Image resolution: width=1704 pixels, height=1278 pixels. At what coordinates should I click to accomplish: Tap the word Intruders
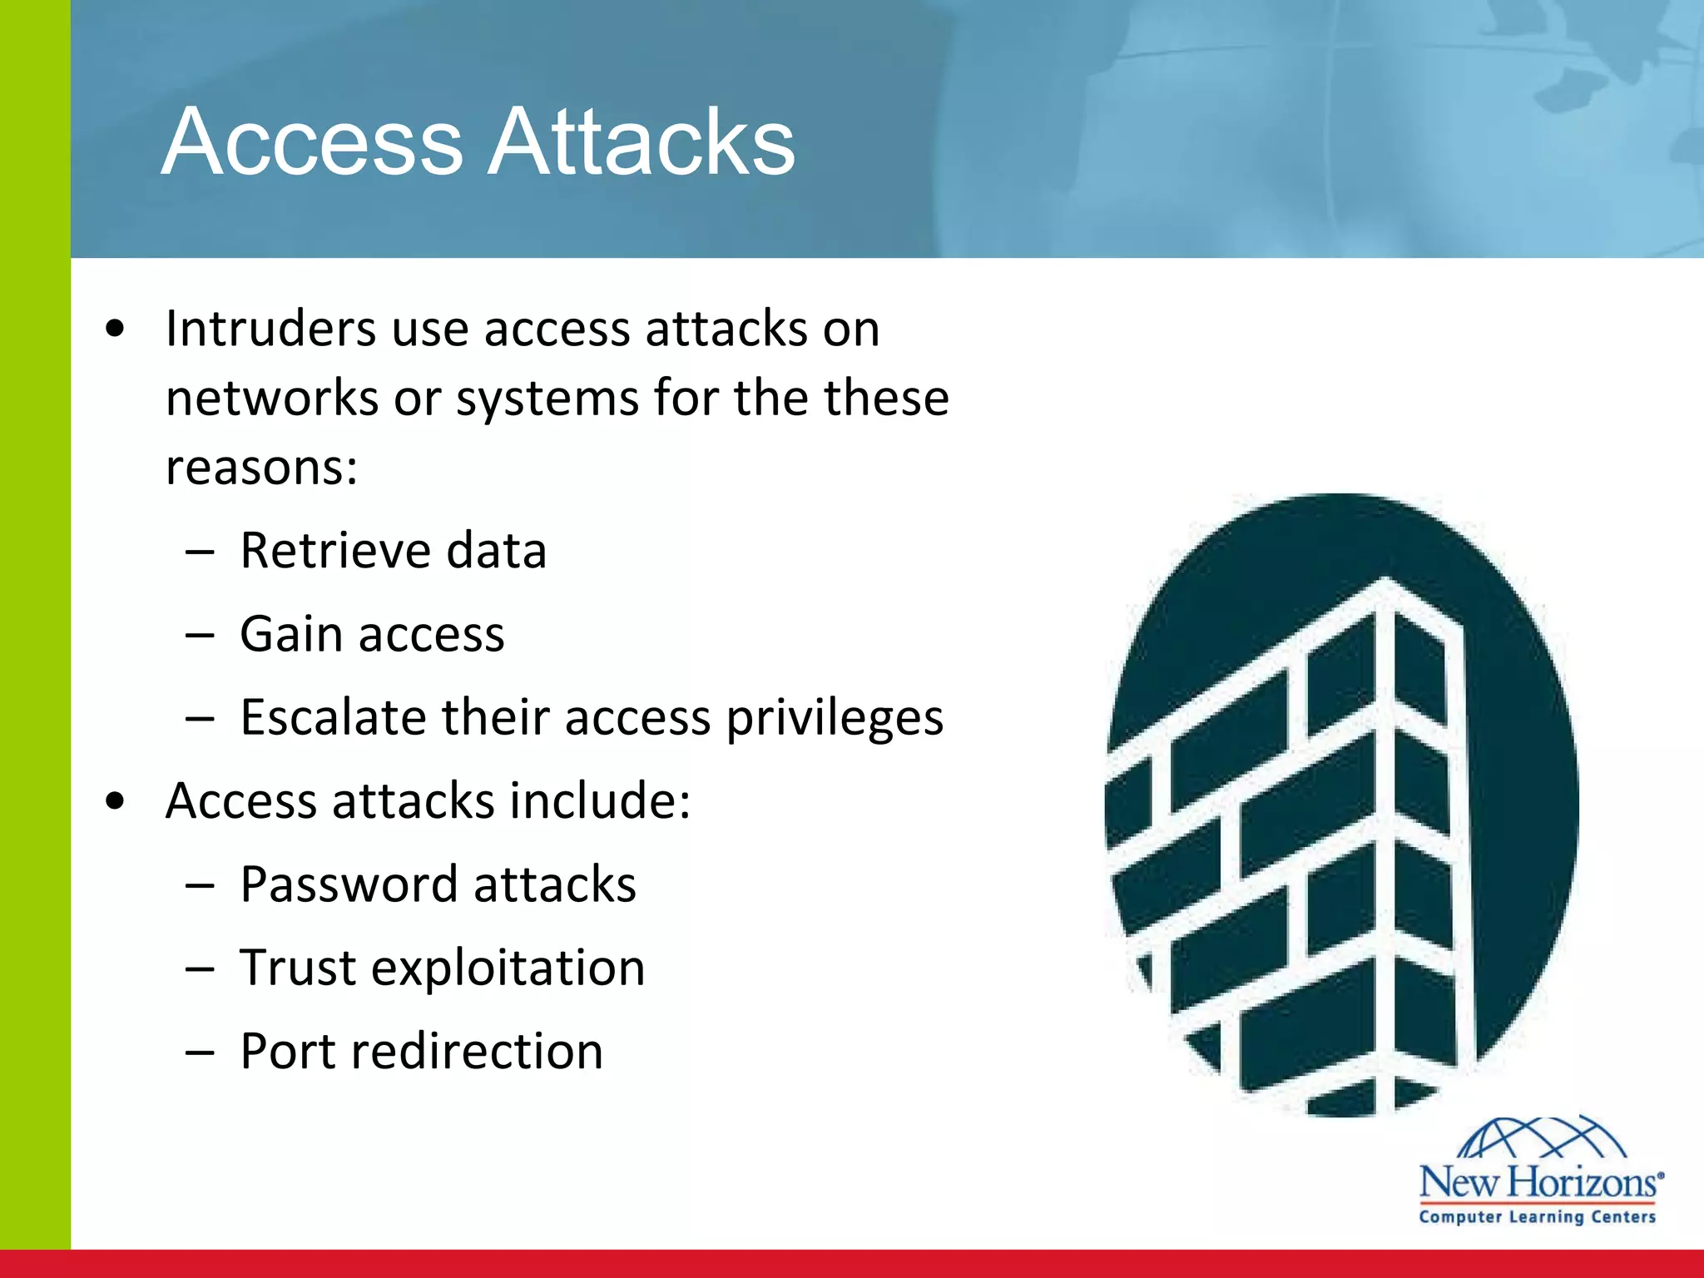point(270,329)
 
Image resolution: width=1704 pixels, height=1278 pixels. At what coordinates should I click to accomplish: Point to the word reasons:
point(261,467)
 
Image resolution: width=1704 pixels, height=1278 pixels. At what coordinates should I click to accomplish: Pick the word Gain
point(291,634)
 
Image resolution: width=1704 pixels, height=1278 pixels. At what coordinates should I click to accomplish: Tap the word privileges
point(835,719)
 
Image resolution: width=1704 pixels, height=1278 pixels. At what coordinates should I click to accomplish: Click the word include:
point(600,800)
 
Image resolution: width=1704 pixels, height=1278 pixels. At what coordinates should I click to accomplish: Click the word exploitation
point(508,968)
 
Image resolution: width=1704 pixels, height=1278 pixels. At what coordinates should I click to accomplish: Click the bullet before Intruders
point(116,329)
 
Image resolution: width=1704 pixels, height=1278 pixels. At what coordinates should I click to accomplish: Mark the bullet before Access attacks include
point(116,801)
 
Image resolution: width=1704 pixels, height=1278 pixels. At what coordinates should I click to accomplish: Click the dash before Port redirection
point(201,1053)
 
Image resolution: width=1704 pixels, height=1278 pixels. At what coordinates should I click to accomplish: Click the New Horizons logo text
point(1540,1182)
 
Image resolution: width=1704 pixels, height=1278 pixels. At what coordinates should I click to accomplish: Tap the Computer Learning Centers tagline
point(1537,1217)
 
